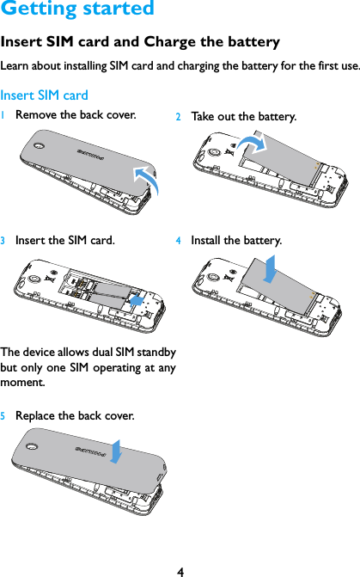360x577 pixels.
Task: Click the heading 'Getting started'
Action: tap(77, 9)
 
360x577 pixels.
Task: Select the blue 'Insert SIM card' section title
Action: tap(45, 95)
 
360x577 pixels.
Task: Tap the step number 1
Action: tap(4, 115)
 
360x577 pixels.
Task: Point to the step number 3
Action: tap(4, 241)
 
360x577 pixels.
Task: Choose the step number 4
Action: tap(179, 241)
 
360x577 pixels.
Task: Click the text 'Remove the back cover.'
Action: tap(75, 114)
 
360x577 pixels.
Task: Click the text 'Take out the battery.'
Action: tap(243, 116)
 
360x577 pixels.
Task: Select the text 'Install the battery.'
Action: tap(235, 240)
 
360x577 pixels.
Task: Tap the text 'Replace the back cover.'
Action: tap(75, 416)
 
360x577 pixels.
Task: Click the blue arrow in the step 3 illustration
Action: tap(136, 298)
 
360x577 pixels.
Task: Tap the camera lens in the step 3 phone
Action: tap(34, 279)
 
